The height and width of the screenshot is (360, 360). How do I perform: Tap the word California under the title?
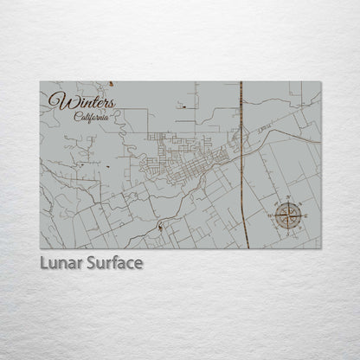coord(92,117)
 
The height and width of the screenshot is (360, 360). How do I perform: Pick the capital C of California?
coord(77,117)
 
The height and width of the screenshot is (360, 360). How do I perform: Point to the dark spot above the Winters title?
coord(112,84)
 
